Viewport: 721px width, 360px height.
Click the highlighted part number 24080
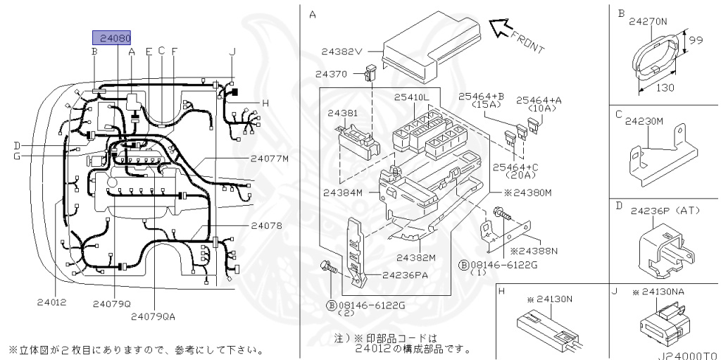click(x=112, y=38)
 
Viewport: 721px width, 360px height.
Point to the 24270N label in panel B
click(x=648, y=21)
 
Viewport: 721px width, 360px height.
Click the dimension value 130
click(x=665, y=87)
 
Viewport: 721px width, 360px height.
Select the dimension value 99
click(x=696, y=40)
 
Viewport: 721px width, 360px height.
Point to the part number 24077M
click(x=270, y=159)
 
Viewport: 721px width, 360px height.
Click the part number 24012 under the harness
click(x=51, y=302)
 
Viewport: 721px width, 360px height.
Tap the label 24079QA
click(x=153, y=316)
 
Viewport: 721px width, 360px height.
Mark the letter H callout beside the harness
click(x=265, y=103)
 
